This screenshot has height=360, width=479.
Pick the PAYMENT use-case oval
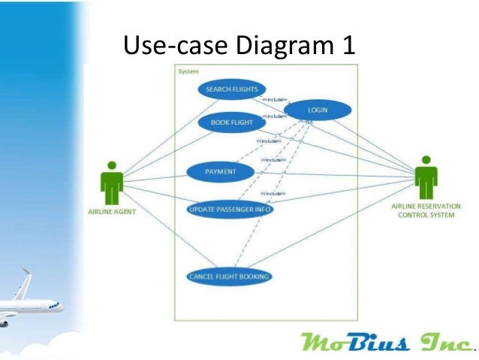point(221,172)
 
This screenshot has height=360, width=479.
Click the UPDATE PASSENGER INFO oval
point(230,209)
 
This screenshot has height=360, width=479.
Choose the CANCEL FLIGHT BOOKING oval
point(228,276)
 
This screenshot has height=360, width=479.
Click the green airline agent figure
point(112,182)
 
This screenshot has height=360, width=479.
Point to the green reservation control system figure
point(426,177)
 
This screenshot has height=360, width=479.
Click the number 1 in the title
point(348,47)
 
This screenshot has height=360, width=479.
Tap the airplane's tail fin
point(26,280)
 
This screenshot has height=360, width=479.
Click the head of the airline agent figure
point(112,165)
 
